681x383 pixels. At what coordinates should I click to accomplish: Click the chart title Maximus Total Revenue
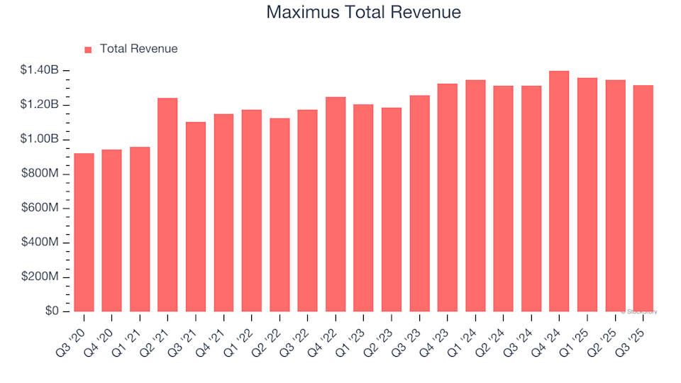[363, 13]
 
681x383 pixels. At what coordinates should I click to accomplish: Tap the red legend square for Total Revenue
[88, 50]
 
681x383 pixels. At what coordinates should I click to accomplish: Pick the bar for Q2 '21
[167, 205]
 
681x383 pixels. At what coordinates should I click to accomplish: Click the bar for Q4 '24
[559, 191]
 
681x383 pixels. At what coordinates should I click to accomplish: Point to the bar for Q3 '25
[643, 199]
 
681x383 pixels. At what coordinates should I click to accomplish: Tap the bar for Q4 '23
[447, 198]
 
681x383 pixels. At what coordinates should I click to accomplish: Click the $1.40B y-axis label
[40, 70]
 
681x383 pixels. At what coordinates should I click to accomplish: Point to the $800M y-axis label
[40, 174]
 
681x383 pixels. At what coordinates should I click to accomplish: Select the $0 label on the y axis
[52, 311]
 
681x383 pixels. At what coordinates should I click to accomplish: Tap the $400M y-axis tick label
[40, 243]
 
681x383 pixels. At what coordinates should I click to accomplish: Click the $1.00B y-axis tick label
[40, 139]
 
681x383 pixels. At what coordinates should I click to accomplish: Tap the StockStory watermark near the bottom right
[639, 312]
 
